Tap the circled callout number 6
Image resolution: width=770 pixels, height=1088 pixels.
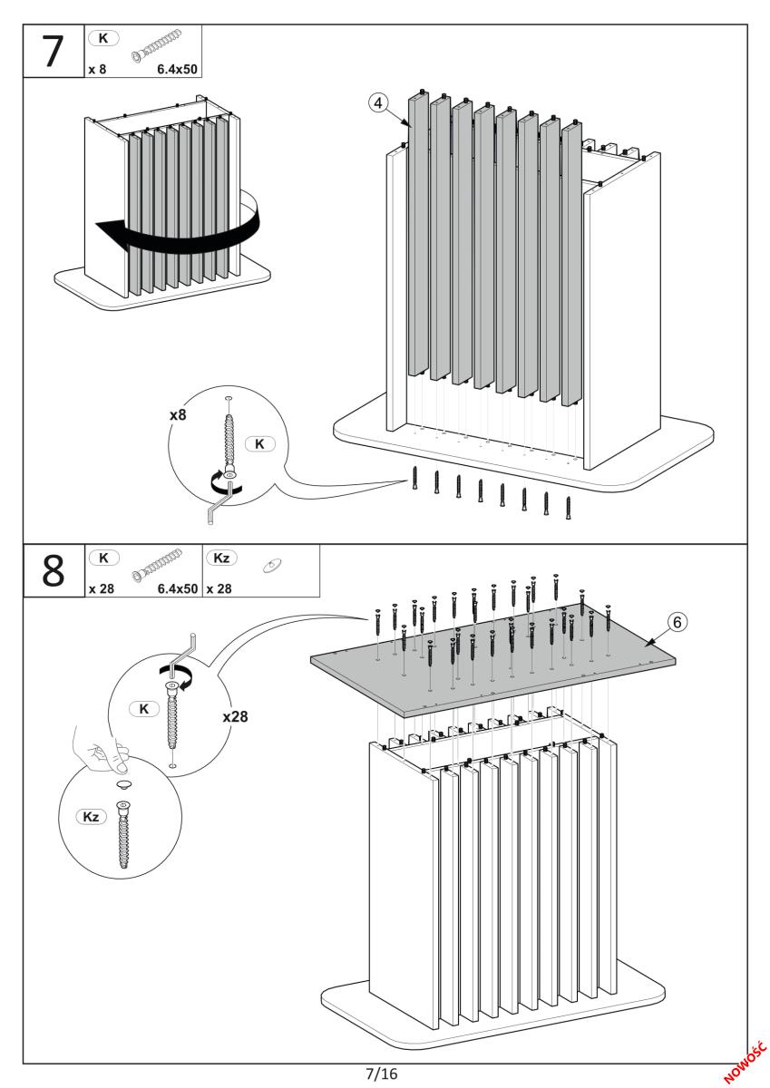[679, 622]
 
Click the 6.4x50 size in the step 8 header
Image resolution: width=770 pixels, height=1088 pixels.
[178, 588]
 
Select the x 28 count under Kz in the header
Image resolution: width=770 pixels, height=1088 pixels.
[220, 588]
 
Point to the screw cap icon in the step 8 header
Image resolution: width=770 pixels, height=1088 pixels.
[269, 568]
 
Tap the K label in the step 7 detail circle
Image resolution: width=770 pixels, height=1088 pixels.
[260, 445]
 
